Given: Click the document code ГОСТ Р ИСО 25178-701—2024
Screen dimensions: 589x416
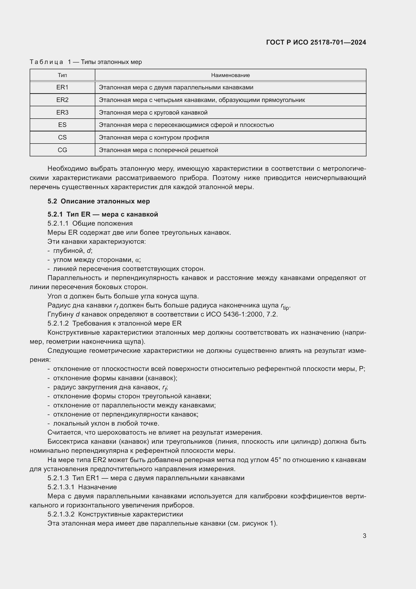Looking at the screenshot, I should point(316,42).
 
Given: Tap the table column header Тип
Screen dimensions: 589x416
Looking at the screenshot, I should point(62,75).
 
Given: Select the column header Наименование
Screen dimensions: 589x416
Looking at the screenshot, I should point(230,75).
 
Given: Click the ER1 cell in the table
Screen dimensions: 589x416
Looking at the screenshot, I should point(62,87).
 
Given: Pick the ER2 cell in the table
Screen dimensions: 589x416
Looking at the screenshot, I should point(62,100).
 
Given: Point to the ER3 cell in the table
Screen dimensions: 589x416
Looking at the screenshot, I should point(62,113).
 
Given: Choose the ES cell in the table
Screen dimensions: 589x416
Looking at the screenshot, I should point(62,125).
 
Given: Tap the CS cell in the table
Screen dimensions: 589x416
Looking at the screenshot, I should point(62,137).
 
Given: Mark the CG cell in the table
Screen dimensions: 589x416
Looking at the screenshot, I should point(62,150).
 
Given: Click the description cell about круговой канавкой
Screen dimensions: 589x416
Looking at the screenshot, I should point(153,113).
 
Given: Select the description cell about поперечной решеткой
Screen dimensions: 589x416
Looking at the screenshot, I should point(158,150).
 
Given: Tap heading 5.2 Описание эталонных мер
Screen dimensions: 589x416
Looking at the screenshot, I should point(99,201).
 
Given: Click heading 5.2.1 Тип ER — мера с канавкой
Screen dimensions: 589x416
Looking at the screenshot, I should point(103,214).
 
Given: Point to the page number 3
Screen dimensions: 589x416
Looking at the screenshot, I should point(364,536).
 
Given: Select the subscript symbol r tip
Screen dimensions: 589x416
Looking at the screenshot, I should point(285,306).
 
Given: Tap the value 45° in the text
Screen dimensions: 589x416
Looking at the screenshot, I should point(275,460).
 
